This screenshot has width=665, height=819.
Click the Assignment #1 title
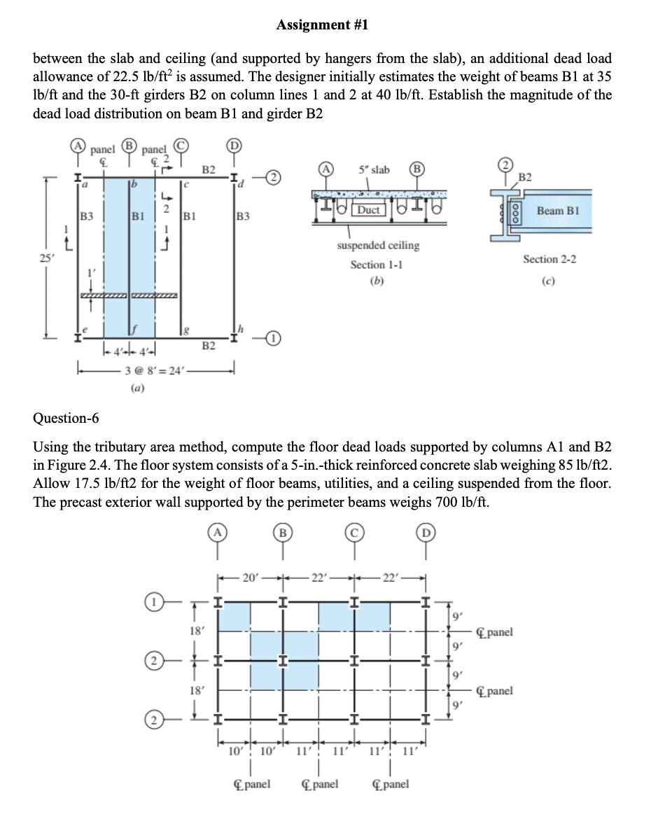pyautogui.click(x=322, y=26)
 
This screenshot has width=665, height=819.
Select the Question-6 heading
pyautogui.click(x=66, y=419)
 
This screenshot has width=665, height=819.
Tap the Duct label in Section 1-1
pyautogui.click(x=368, y=209)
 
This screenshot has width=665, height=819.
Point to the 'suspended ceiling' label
pyautogui.click(x=378, y=246)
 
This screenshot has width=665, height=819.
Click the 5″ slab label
pyautogui.click(x=374, y=169)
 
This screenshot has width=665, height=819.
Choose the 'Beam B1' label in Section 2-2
pyautogui.click(x=559, y=210)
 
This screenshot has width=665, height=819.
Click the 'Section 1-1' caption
pyautogui.click(x=377, y=265)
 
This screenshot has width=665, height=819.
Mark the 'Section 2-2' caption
pyautogui.click(x=549, y=260)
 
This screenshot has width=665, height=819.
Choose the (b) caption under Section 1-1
pyautogui.click(x=377, y=282)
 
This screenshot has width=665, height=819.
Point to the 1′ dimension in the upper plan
pyautogui.click(x=88, y=269)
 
